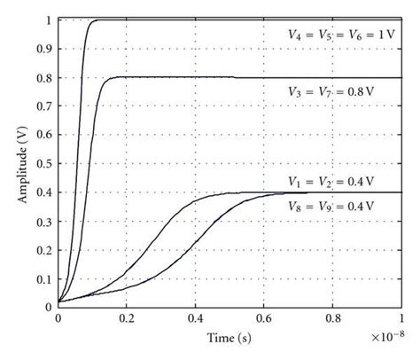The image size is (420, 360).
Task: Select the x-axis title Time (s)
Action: tap(229, 338)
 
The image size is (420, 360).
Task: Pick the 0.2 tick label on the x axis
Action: tap(127, 318)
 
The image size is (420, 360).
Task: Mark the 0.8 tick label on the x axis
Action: tap(332, 318)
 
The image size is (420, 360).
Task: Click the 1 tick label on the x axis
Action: tap(401, 318)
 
